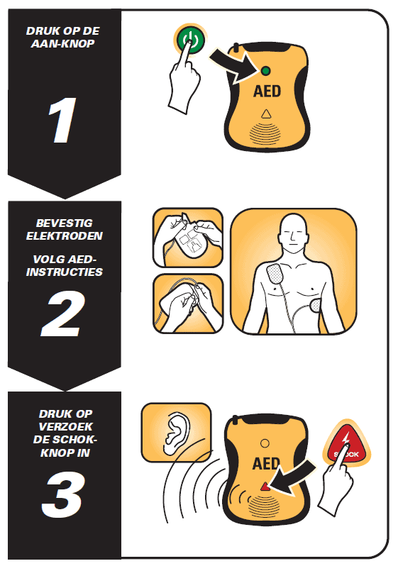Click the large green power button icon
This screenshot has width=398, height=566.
[189, 39]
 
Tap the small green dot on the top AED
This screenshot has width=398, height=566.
[265, 71]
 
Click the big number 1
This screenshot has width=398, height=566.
[62, 120]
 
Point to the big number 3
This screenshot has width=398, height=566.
[62, 495]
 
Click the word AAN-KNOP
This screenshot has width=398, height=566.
[63, 44]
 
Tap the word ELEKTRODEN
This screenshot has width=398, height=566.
[65, 236]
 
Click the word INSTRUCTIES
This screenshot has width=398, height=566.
[65, 272]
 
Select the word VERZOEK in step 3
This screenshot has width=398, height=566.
[65, 427]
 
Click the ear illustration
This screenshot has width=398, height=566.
[176, 433]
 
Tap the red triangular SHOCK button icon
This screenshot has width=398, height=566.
[347, 445]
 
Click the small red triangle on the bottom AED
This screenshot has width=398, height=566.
[265, 487]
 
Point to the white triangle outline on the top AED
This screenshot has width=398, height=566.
[266, 114]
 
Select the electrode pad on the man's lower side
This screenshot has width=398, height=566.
[315, 306]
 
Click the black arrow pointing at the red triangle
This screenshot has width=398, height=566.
[293, 478]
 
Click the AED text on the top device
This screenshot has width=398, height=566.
[267, 91]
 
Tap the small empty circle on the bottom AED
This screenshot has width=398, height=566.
[265, 443]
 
